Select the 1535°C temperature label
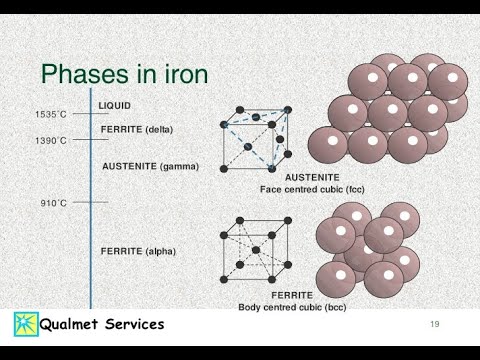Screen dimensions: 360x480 (x=51, y=114)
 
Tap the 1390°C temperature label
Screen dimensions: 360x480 (x=51, y=140)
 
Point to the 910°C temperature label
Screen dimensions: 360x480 (x=54, y=202)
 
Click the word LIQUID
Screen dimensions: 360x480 (x=114, y=105)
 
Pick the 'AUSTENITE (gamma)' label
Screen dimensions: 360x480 (x=150, y=166)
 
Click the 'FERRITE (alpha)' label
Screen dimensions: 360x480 (x=138, y=251)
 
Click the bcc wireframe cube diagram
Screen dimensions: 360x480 (x=256, y=249)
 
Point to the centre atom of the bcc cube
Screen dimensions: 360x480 (x=256, y=250)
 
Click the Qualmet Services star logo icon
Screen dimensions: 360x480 (x=25, y=324)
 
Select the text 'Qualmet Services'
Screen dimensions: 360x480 (x=102, y=324)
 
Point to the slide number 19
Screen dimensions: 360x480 (x=435, y=324)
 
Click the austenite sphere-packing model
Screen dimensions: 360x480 (x=389, y=109)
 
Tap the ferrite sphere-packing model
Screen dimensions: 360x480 (x=367, y=249)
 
